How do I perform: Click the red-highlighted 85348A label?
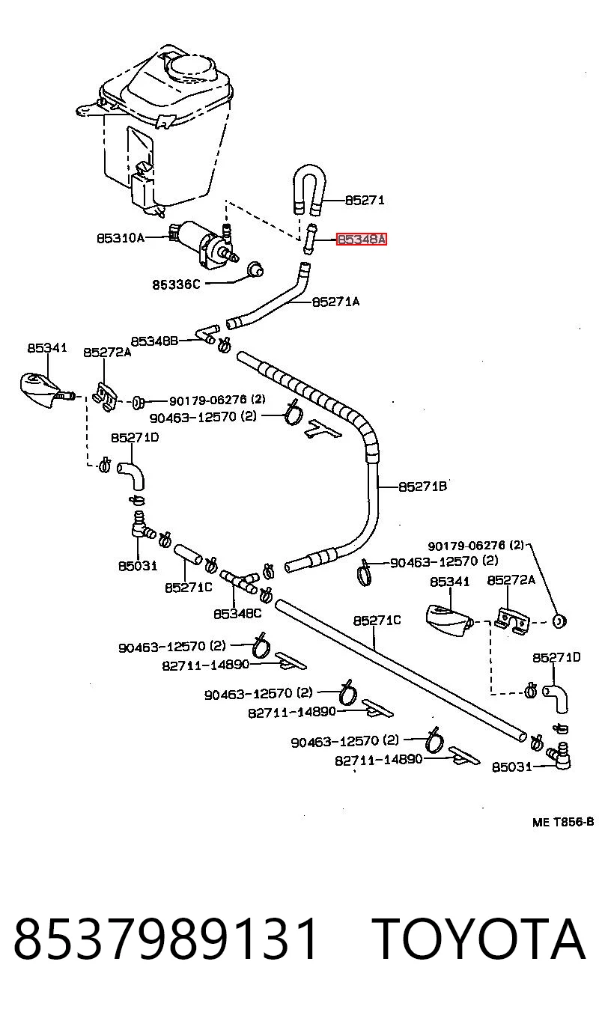point(362,240)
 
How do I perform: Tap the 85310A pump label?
point(121,238)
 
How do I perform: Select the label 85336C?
point(176,285)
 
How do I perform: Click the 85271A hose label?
point(335,302)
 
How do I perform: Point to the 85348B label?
point(154,341)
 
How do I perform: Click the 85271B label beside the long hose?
point(422,487)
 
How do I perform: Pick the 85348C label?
point(237,614)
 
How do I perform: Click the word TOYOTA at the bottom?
point(479,939)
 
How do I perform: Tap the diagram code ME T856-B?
point(563,822)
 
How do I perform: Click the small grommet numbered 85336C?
point(256,269)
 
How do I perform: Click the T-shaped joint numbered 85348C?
point(240,582)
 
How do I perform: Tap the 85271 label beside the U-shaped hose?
point(365,201)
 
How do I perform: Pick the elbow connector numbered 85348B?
point(207,335)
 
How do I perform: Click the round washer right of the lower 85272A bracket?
point(559,621)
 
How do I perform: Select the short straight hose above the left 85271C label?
point(188,554)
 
